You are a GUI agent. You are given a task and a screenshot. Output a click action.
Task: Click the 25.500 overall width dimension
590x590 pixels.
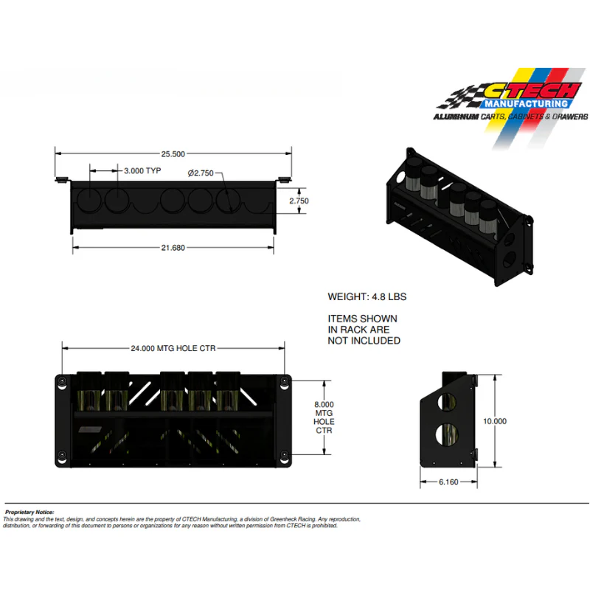(173, 154)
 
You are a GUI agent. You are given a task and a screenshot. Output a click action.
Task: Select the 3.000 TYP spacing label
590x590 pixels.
(142, 171)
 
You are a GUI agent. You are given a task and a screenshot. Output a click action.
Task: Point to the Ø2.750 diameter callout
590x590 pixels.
(201, 173)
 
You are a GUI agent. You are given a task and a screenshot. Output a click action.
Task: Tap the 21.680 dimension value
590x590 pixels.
(173, 248)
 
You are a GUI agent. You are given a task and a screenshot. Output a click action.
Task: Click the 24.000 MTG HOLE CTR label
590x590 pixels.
(173, 348)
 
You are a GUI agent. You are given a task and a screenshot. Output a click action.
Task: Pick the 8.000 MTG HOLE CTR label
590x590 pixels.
(324, 417)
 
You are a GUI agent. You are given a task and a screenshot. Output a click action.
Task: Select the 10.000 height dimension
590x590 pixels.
(495, 421)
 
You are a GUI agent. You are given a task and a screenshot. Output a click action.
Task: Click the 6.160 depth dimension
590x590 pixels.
(448, 482)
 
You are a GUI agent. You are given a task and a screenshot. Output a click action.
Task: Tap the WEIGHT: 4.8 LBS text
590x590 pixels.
(367, 297)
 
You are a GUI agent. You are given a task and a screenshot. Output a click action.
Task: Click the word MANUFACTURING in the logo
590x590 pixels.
(526, 103)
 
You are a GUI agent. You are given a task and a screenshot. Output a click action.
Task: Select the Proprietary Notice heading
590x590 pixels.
(29, 512)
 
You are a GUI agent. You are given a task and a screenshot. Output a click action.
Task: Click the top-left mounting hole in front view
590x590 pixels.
(62, 381)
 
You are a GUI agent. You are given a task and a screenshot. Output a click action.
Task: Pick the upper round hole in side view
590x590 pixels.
(448, 402)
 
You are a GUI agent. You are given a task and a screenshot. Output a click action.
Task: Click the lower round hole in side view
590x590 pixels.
(447, 434)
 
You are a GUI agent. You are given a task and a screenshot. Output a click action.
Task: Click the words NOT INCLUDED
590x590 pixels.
(364, 341)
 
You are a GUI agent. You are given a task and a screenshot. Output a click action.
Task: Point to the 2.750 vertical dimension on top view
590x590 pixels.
(299, 201)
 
